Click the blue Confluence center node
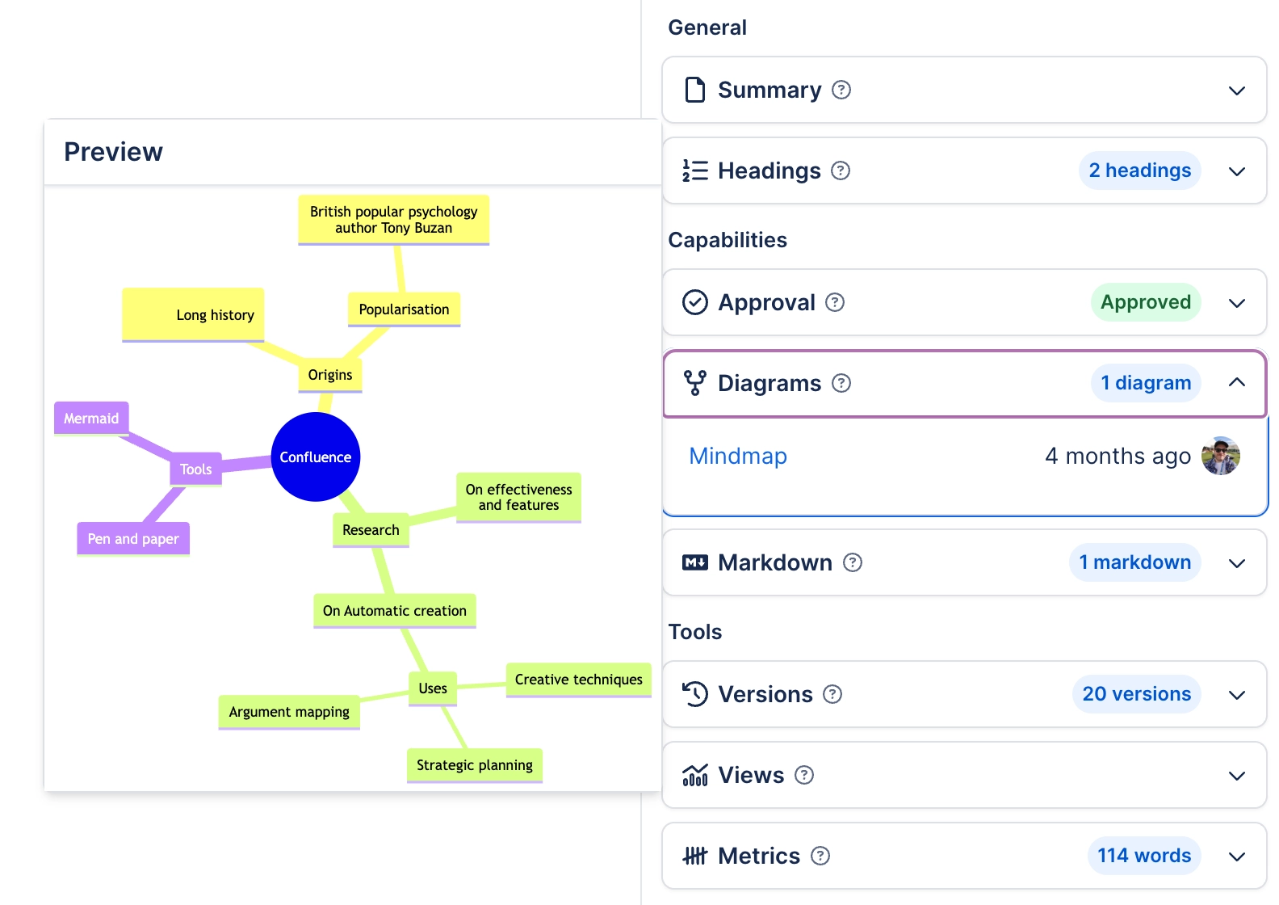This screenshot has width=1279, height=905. [x=315, y=457]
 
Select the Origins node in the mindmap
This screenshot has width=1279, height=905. [x=329, y=375]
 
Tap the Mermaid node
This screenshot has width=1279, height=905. [x=91, y=419]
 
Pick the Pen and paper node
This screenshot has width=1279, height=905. [x=133, y=539]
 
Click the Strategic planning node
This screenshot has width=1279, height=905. [x=474, y=765]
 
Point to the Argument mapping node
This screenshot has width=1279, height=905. [x=289, y=712]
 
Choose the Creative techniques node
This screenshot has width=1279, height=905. [x=578, y=680]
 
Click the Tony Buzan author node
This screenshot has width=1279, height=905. [x=393, y=220]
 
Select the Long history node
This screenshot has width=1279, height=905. [x=194, y=314]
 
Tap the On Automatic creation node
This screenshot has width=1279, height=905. [x=394, y=611]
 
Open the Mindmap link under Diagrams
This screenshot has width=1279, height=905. [x=737, y=457]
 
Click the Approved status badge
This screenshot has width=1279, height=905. [x=1145, y=302]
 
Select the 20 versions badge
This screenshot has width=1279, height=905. [x=1136, y=694]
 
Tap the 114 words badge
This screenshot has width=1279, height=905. [x=1143, y=856]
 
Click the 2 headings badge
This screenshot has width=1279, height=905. [x=1139, y=170]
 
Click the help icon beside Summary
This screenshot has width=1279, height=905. [x=841, y=90]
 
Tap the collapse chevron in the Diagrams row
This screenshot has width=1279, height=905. [x=1236, y=383]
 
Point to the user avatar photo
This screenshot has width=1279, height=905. [x=1220, y=457]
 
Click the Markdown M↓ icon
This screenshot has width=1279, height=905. [x=694, y=562]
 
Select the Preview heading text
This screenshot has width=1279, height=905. [x=113, y=152]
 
